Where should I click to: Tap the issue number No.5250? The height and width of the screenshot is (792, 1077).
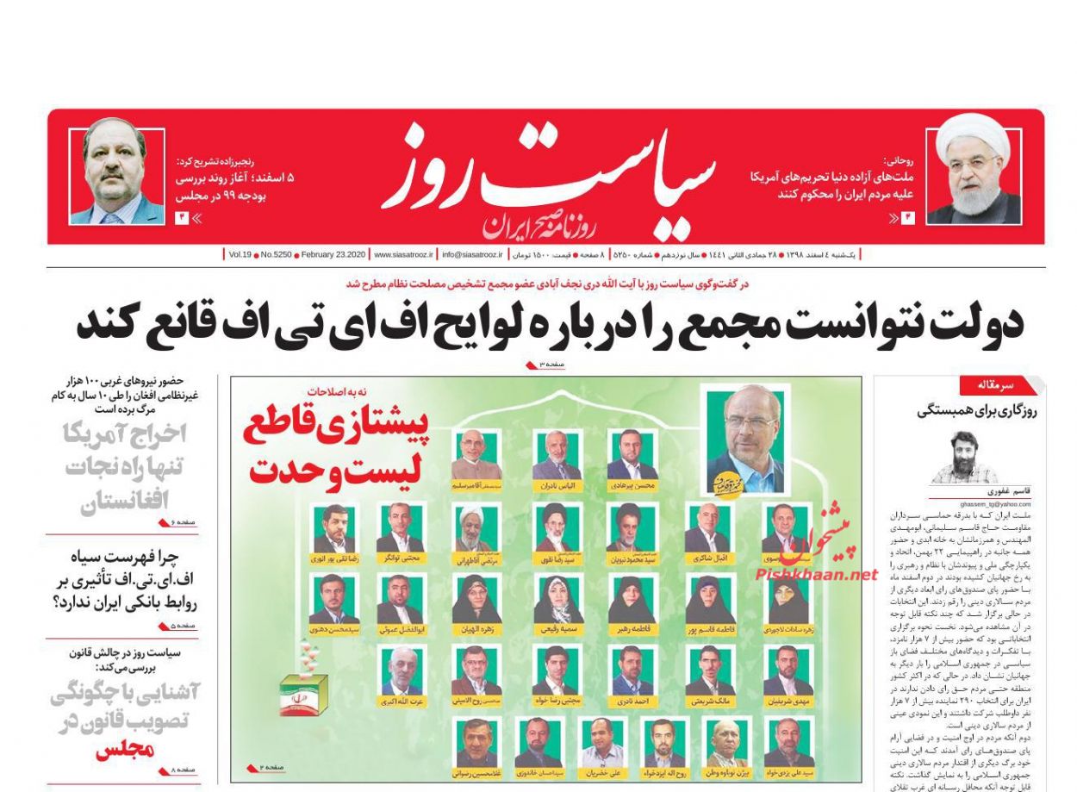coord(275,255)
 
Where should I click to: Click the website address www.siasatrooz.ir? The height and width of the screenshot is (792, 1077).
coord(403,255)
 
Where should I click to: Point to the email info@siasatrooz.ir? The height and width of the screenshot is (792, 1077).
coord(473,255)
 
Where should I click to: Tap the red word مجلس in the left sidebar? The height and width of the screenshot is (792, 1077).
coord(126,750)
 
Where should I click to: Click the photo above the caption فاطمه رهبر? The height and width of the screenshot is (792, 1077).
coord(631,598)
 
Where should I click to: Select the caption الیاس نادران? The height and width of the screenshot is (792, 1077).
coord(557,486)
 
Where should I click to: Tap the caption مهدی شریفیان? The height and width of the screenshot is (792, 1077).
coord(788,702)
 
